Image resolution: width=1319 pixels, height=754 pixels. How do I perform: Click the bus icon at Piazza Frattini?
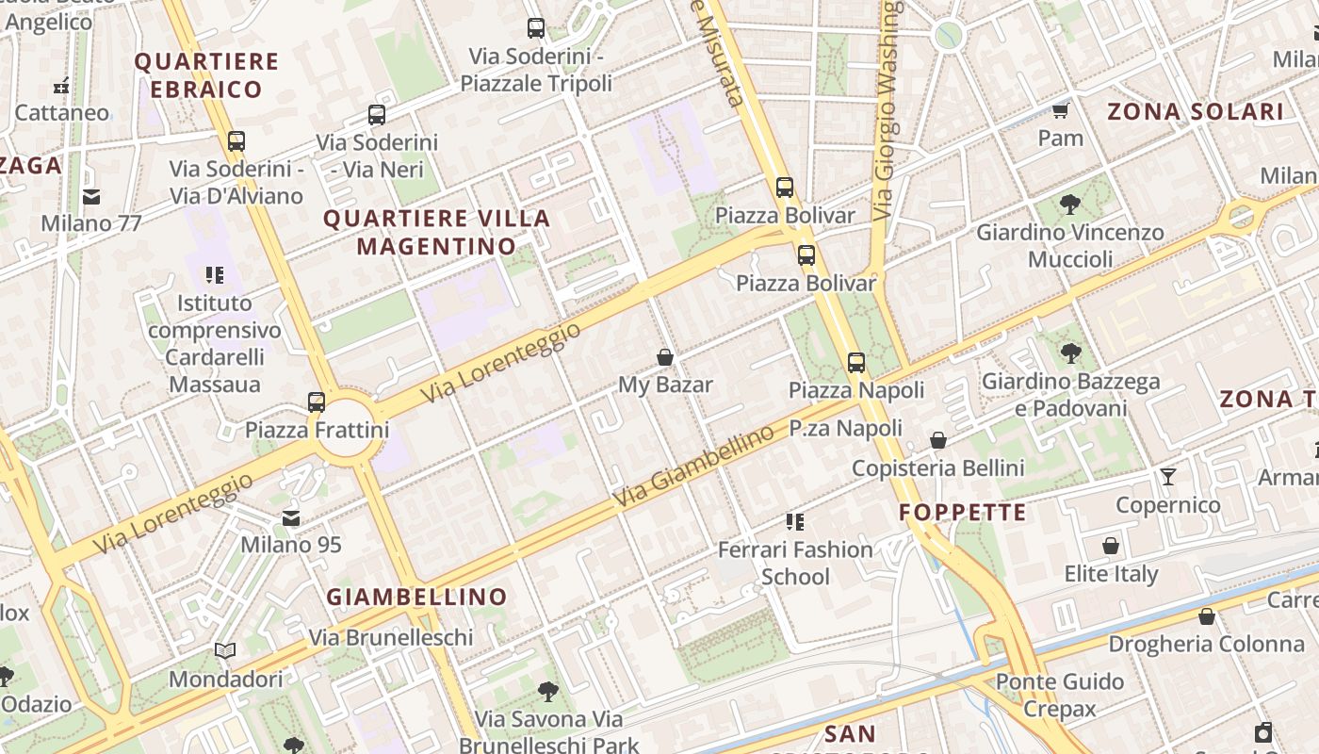coord(317,402)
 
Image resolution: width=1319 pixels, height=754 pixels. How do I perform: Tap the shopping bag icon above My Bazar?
coord(665,357)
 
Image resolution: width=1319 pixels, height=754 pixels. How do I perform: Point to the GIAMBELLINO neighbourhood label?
coord(416,597)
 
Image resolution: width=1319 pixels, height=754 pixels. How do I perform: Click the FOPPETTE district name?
coord(962,513)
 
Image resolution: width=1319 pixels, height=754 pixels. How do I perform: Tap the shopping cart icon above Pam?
coord(1061,111)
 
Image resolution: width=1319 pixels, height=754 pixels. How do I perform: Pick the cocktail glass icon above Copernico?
coord(1168,477)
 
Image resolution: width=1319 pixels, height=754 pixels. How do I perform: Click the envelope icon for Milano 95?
coord(291,518)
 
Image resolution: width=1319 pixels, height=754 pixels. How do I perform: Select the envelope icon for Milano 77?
coord(91,197)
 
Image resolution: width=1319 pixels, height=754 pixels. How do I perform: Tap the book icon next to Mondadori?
coord(225,651)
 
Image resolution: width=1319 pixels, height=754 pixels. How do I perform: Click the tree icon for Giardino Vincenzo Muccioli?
coord(1069,204)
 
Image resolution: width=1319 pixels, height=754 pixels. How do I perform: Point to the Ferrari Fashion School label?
coord(795,563)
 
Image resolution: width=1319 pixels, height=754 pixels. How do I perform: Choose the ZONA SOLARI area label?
coord(1195,112)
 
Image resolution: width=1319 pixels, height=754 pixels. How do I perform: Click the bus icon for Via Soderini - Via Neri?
coord(377,115)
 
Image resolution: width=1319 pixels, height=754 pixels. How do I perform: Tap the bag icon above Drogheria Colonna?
coord(1207,617)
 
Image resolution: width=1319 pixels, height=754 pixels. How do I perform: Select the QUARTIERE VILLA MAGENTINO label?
coord(437,232)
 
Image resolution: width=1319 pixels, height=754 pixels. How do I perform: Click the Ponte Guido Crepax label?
coord(1060,695)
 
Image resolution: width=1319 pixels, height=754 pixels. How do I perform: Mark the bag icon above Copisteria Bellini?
coord(938,441)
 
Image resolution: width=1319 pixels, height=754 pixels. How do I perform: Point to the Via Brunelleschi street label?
coord(391,638)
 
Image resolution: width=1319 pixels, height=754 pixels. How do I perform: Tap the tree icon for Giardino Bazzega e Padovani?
coord(1070,353)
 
